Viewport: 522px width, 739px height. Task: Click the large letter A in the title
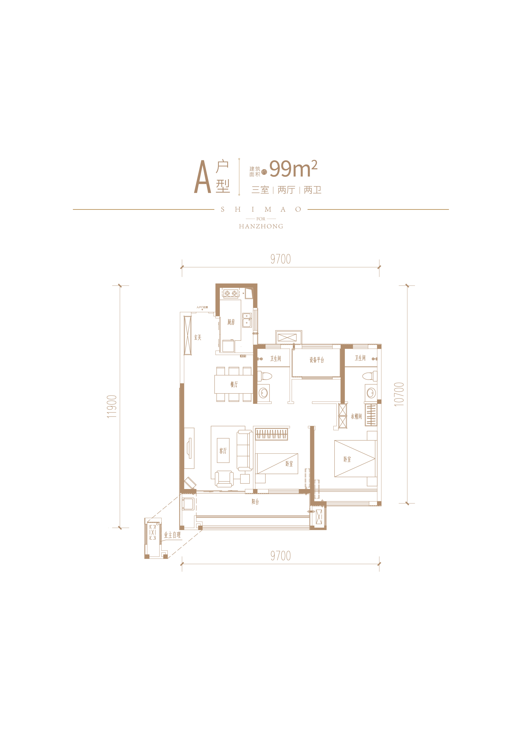pos(202,177)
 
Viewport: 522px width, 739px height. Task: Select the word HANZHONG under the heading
pos(261,226)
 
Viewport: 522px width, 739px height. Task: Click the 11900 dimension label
pos(112,406)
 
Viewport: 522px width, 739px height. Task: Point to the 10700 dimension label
pos(399,394)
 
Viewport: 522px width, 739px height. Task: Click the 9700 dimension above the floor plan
pos(280,259)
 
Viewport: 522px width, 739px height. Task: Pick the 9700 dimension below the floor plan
pos(280,556)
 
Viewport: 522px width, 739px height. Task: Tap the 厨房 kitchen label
pos(231,322)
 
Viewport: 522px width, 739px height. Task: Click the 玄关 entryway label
pos(198,337)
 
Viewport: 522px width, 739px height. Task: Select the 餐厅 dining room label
pos(234,384)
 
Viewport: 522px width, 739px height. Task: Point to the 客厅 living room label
pos(223,451)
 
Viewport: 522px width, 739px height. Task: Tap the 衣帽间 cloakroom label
pos(356,416)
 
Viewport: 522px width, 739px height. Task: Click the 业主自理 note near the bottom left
pos(172,535)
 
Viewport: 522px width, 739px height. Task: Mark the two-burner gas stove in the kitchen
pos(231,293)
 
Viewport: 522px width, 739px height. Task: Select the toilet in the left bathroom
pos(265,376)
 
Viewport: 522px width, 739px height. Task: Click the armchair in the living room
pos(224,479)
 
